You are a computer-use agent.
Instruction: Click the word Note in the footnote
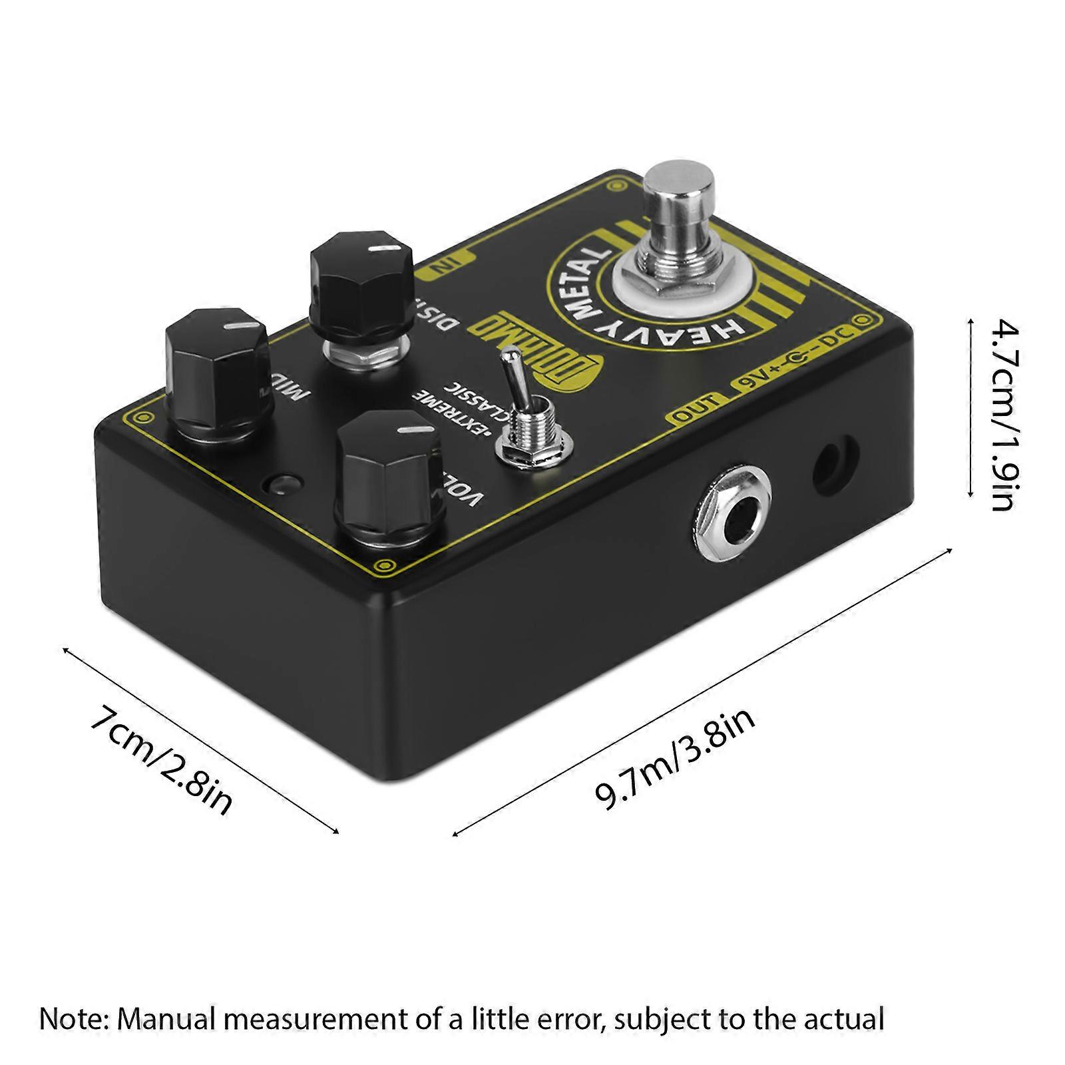(71, 1019)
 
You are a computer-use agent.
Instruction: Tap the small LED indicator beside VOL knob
(281, 483)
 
